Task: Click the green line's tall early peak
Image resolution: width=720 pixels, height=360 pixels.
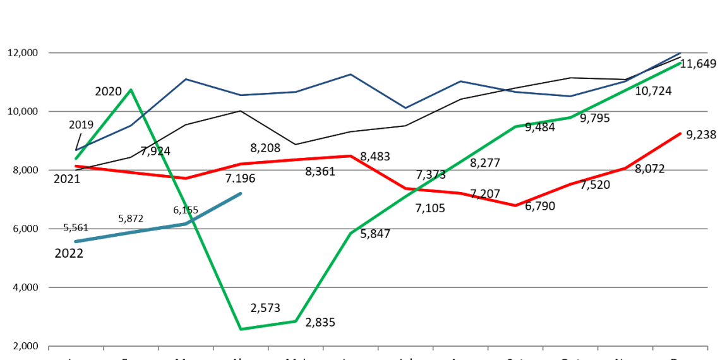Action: point(131,90)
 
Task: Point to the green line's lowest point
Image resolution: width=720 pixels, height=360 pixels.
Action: point(241,329)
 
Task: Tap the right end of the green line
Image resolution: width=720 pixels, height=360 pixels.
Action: point(680,63)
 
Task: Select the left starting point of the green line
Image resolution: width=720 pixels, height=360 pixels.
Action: point(76,159)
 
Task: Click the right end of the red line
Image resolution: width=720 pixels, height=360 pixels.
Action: point(680,134)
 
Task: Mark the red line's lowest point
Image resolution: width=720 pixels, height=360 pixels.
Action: point(515,205)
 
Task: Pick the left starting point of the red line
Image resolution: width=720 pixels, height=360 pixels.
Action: point(76,165)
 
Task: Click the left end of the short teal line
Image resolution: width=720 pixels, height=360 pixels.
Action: point(76,241)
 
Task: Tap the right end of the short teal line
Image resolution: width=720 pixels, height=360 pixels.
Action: point(241,193)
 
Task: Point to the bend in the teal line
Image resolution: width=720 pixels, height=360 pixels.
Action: point(186,224)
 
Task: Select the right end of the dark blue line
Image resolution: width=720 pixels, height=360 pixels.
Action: point(680,52)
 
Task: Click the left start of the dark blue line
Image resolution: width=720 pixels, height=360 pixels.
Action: point(76,150)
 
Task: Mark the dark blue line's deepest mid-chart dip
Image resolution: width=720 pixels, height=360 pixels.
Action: point(405,108)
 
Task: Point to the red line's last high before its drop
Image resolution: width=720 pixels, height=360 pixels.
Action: point(351,155)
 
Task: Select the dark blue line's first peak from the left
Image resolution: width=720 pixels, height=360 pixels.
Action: point(186,79)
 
